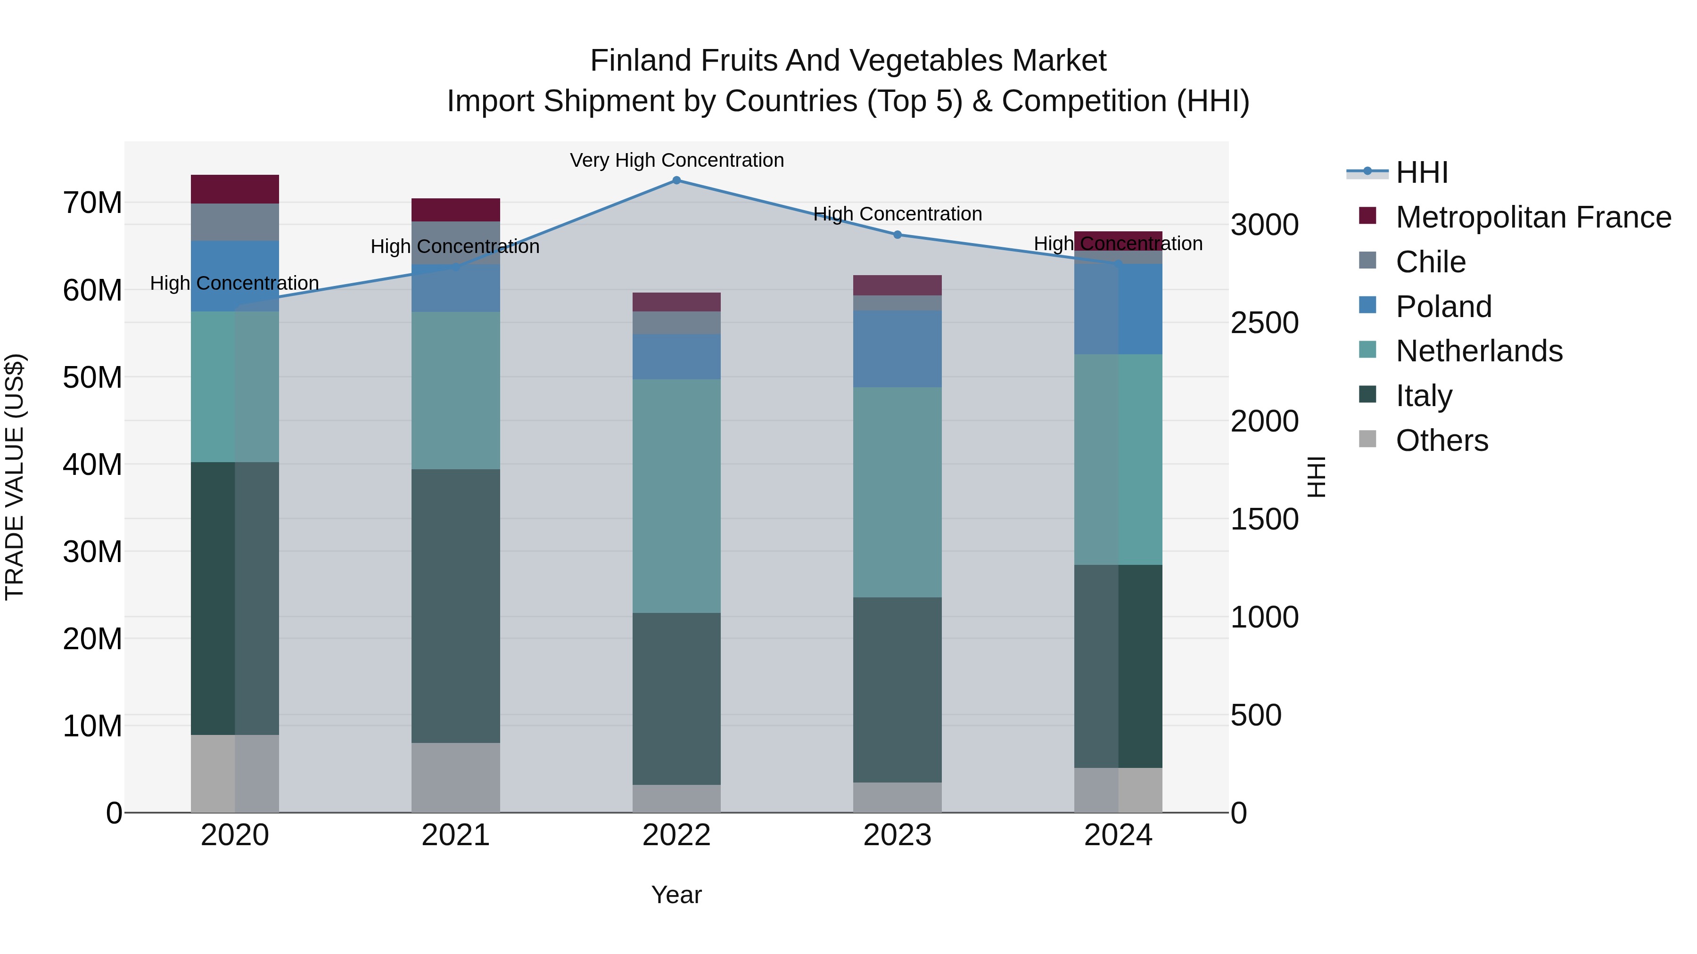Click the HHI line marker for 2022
pos(676,180)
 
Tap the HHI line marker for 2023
pos(897,235)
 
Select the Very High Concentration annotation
pos(676,160)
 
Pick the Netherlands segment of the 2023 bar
pos(897,492)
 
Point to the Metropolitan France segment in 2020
pos(235,189)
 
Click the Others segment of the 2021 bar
pos(455,777)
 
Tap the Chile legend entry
pos(1430,261)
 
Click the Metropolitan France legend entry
pos(1532,217)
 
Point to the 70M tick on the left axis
pos(92,203)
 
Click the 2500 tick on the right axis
pos(1265,323)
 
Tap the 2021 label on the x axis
pos(455,835)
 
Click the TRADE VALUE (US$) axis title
pos(15,477)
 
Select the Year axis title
pos(676,895)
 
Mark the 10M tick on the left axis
pos(92,726)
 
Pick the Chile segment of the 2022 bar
pos(676,323)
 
